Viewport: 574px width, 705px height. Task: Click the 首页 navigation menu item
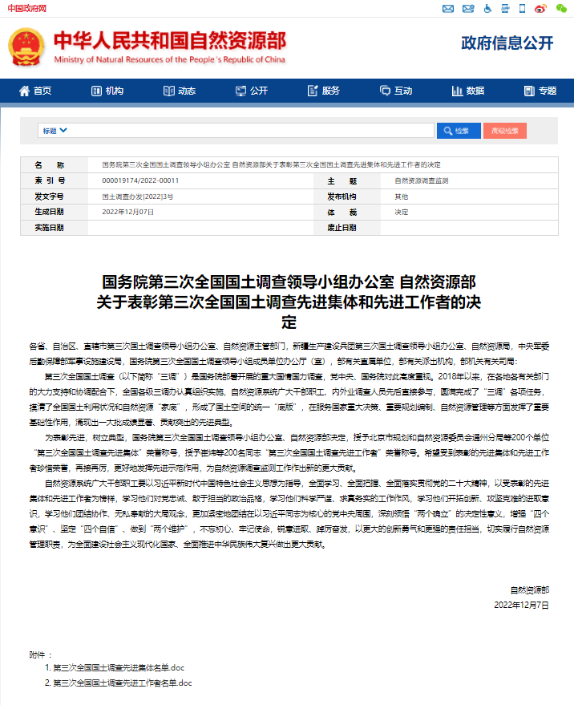coord(36,91)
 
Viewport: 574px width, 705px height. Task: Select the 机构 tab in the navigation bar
coord(107,91)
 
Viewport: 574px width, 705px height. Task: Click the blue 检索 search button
coord(458,130)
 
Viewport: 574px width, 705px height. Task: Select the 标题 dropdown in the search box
coord(55,130)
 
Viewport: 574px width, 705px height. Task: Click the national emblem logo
coord(26,47)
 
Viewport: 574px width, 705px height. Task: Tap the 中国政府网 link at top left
coord(26,7)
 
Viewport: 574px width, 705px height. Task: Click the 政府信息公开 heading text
coord(507,43)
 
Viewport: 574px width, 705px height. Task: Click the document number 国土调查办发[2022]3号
coord(138,197)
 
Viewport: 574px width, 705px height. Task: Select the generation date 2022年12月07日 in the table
coord(128,212)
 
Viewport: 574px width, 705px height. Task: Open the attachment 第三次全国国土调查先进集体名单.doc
coord(119,667)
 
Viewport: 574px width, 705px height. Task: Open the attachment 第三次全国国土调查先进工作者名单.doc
coord(123,683)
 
